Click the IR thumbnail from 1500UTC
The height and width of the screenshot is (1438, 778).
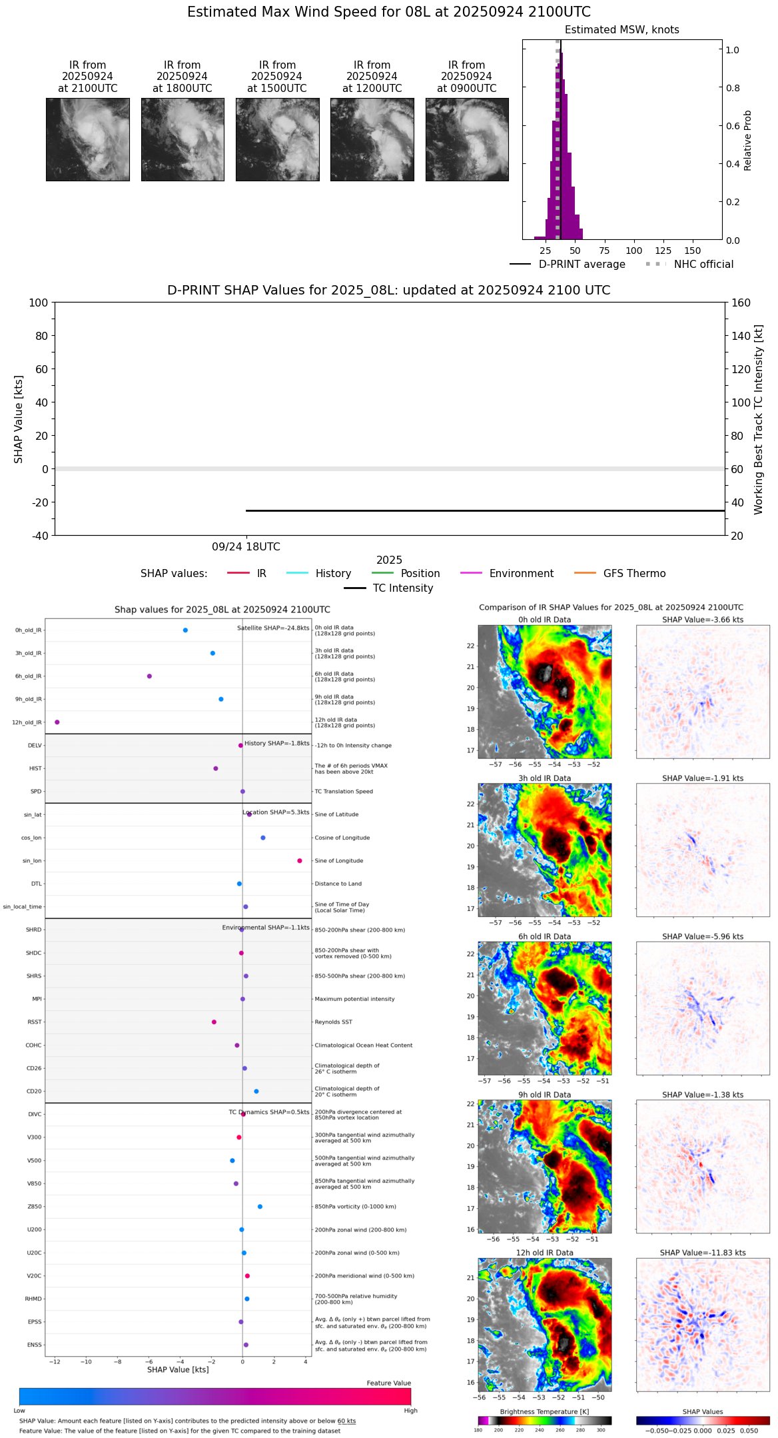[277, 139]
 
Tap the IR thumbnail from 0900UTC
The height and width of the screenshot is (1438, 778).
[467, 139]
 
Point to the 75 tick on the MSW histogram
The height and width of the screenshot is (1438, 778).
[604, 251]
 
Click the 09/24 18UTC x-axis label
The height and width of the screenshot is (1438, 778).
[246, 547]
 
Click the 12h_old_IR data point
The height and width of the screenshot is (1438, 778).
[57, 722]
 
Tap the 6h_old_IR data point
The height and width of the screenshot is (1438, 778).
[149, 676]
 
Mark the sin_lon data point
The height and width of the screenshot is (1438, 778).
[300, 861]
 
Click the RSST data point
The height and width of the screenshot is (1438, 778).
[214, 1022]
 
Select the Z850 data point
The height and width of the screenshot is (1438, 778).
[260, 1207]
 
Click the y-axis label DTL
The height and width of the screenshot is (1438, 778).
[36, 884]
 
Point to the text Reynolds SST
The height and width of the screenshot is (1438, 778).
[334, 1022]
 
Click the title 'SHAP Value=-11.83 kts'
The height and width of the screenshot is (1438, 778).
[703, 1253]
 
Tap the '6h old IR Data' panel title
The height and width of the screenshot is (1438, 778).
[544, 936]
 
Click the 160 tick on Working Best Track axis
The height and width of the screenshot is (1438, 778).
[741, 303]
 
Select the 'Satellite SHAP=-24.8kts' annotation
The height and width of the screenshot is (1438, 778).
[273, 628]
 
